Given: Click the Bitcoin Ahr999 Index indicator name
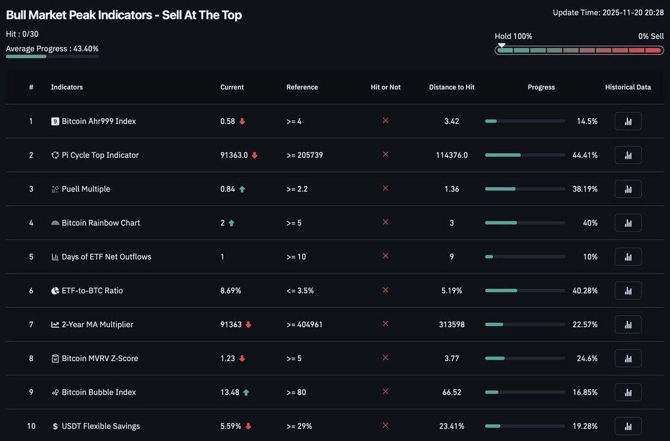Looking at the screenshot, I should point(99,121).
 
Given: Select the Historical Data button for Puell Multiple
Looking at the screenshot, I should point(628,189).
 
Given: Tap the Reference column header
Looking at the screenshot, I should point(302,87).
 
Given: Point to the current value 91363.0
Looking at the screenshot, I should point(234,155).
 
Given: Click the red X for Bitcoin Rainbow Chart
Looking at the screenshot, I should point(385,222).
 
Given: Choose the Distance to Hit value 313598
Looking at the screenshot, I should point(451,325).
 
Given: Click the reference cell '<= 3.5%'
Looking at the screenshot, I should point(300,291).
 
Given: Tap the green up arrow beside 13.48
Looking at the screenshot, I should point(246,392).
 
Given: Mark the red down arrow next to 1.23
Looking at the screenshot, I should point(242,359).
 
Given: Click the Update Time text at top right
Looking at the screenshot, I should point(608,12).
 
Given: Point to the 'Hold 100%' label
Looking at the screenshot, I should point(513,36).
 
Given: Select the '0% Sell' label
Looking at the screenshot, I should point(651,36).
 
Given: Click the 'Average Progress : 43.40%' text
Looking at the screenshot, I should point(52,49).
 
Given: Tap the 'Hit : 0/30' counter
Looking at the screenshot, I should point(22,34).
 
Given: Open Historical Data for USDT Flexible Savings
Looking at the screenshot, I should point(628,426).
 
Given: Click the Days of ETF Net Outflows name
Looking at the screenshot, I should point(106,257).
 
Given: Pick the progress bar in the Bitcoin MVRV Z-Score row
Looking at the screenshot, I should point(525,359).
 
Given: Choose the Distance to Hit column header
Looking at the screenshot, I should point(451,87).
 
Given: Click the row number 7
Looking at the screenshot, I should point(31,325).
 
